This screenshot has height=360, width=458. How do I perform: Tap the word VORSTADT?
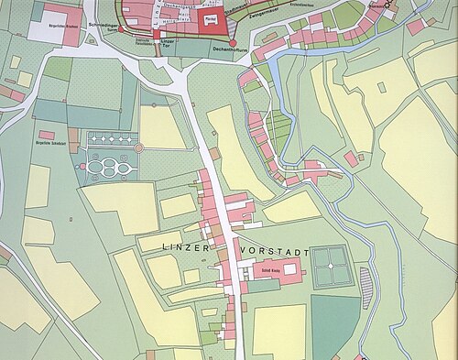[275, 249]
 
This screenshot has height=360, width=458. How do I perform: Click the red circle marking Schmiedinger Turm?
[121, 29]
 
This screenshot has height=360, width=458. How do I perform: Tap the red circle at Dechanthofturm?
[233, 42]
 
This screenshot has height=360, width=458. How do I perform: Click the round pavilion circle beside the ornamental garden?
[138, 147]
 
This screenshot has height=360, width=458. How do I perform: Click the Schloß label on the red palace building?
[273, 270]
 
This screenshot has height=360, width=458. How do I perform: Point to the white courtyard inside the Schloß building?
[292, 269]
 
